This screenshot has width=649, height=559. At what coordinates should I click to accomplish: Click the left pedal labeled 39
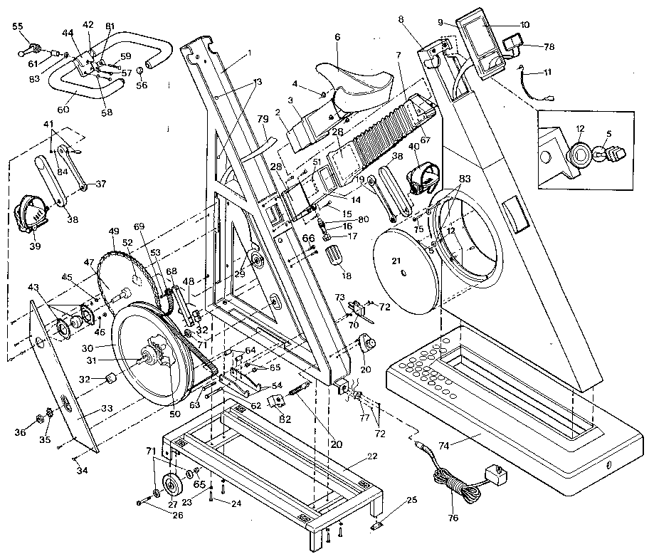(28, 213)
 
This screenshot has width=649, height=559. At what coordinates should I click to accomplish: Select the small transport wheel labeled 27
(172, 486)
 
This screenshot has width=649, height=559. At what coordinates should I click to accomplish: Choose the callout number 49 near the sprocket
(112, 231)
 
